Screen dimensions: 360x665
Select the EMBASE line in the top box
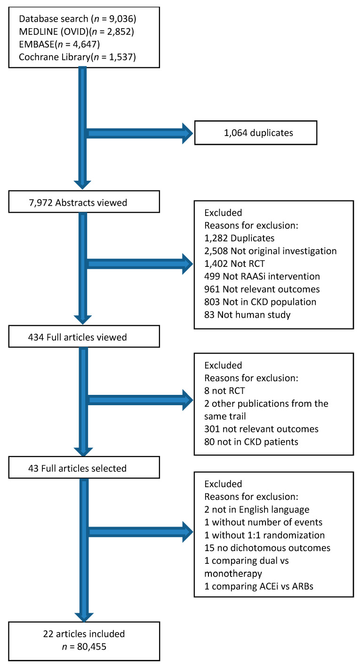click(59, 44)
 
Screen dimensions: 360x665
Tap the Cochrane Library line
click(78, 56)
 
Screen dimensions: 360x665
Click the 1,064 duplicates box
click(256, 133)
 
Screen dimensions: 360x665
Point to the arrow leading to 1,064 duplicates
click(139, 133)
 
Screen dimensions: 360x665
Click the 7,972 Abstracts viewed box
click(84, 202)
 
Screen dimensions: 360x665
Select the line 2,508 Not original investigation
click(271, 251)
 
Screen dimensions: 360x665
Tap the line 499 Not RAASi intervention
click(262, 276)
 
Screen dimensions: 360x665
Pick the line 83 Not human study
click(247, 315)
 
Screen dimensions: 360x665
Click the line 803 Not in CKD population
click(260, 302)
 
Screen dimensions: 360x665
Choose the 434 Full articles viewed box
click(84, 337)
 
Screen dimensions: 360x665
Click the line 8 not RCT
click(224, 391)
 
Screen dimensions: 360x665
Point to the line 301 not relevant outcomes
click(261, 429)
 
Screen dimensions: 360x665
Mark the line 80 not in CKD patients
click(251, 442)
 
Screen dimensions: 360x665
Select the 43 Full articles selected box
click(84, 468)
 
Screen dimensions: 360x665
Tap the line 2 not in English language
click(257, 510)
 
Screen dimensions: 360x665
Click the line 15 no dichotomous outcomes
click(267, 548)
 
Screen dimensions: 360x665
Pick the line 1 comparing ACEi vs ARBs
click(259, 586)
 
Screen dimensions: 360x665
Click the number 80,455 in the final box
click(92, 647)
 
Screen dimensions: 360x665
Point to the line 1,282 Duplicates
click(239, 238)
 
